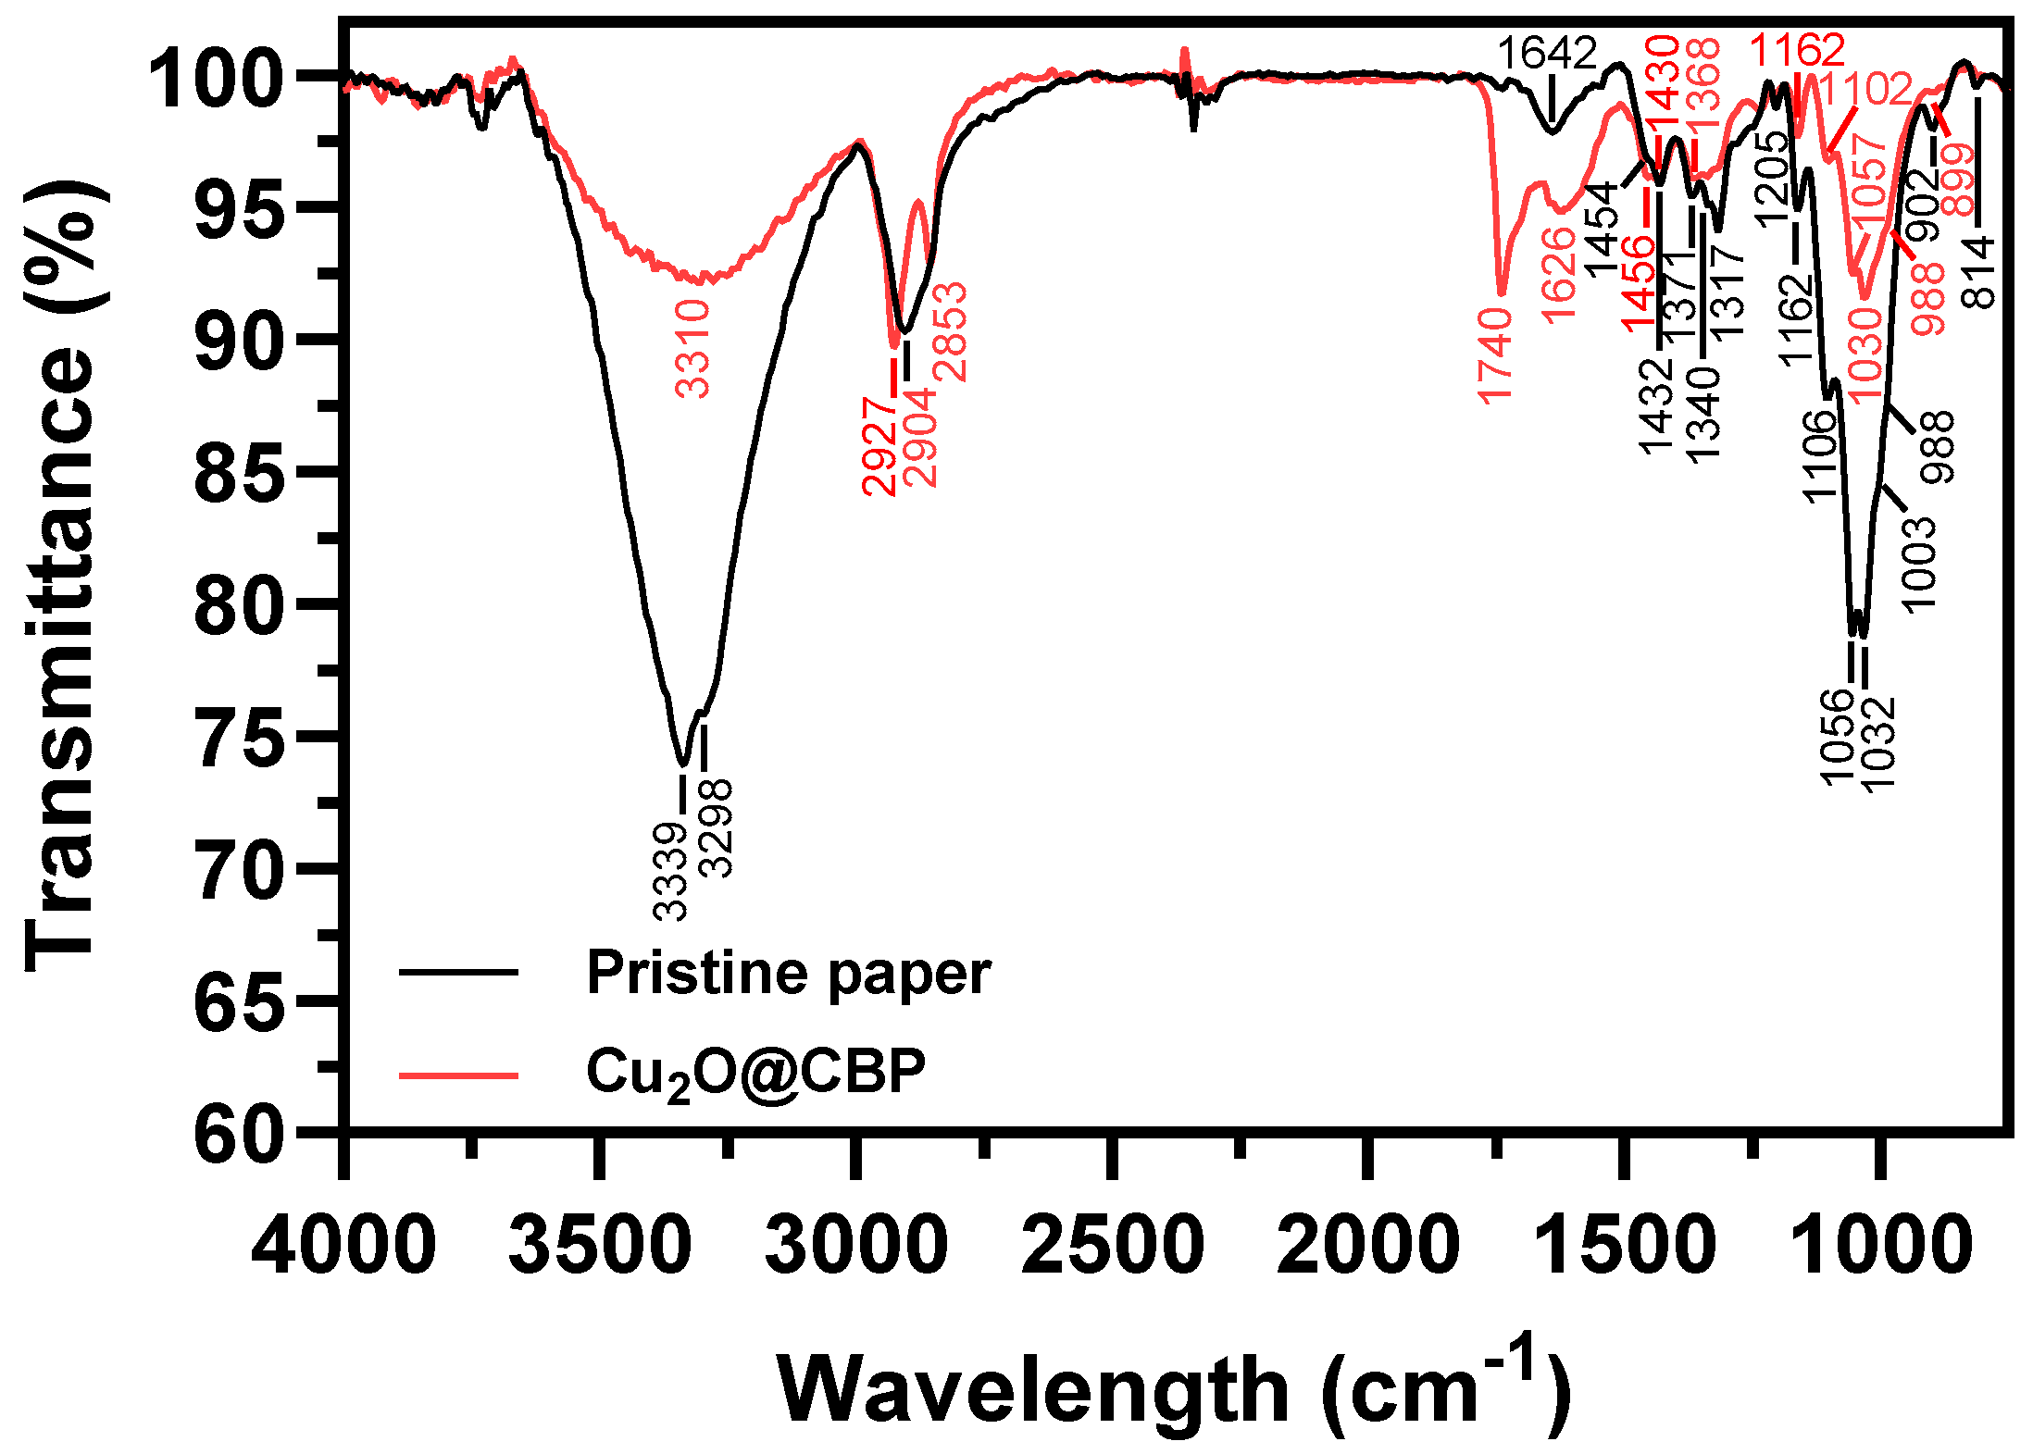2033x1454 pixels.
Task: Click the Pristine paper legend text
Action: click(x=788, y=974)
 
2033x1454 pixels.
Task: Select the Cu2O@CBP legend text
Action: click(x=755, y=1075)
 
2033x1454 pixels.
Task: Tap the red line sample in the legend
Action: click(x=458, y=1075)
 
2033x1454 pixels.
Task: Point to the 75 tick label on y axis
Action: click(x=238, y=738)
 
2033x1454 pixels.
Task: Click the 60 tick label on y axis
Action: click(x=238, y=1134)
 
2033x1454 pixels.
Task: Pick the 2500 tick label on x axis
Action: click(x=1112, y=1245)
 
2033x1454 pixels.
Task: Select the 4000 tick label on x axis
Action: click(x=343, y=1245)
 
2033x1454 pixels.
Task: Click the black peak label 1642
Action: click(x=1547, y=54)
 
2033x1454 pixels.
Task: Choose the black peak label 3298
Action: click(x=716, y=828)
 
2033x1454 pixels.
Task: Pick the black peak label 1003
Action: click(x=1919, y=563)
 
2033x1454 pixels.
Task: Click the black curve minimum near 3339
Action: click(x=683, y=764)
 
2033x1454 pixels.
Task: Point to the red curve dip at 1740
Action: click(x=1502, y=292)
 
